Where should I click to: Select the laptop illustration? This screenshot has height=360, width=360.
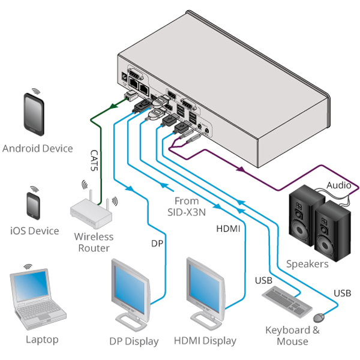point(38,300)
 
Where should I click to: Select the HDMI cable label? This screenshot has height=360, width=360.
point(228,229)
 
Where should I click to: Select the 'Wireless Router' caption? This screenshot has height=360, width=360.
point(94,242)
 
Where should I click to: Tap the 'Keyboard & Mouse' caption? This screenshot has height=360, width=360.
point(288,335)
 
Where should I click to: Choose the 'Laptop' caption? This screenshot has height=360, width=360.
point(42,340)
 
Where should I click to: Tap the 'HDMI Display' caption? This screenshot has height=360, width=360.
point(205,341)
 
